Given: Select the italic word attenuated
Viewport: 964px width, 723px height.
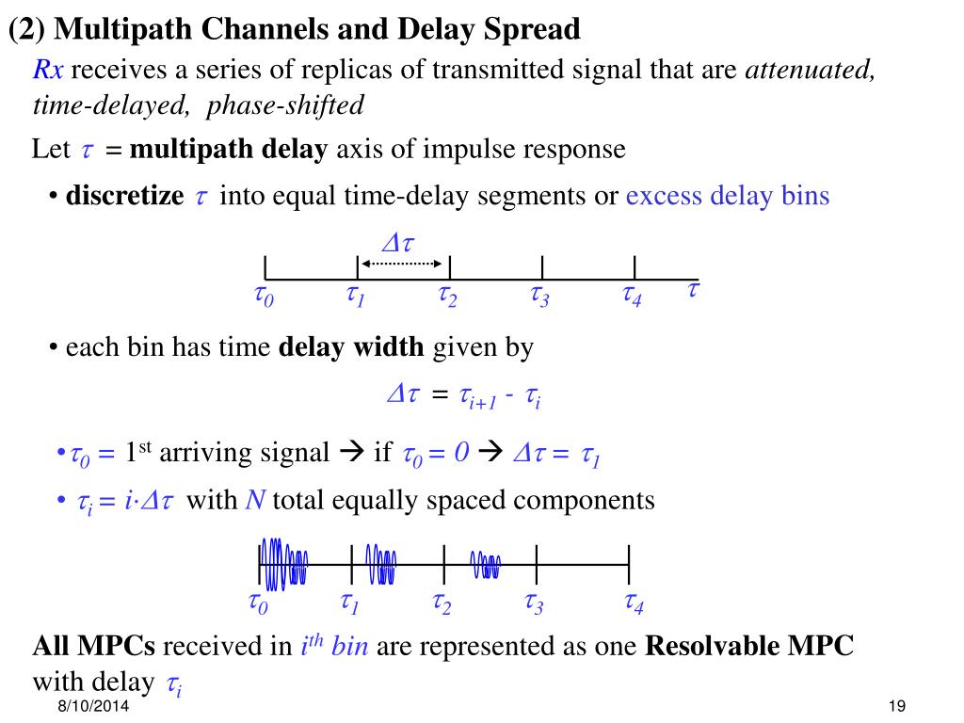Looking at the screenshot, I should pos(811,72).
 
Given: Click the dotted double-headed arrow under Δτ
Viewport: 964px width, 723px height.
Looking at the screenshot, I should pos(403,265).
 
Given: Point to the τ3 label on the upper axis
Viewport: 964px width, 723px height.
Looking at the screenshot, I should pos(540,297).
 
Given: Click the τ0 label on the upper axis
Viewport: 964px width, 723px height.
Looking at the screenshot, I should pos(264,297).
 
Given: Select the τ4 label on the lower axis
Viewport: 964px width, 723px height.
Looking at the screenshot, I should pos(634,603).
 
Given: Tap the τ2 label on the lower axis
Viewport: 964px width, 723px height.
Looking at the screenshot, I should pos(442,603).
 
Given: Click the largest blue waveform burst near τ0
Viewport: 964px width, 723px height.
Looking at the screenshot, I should pos(283,564).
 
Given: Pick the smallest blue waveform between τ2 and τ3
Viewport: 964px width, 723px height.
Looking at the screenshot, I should pos(486,565).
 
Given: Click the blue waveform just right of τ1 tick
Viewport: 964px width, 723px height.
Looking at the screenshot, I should pos(382,564).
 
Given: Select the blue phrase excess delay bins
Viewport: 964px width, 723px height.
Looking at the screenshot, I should pos(728,196).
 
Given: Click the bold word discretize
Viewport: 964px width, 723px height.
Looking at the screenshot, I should pos(124,196).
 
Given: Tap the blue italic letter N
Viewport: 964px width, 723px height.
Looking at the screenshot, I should pos(254,500).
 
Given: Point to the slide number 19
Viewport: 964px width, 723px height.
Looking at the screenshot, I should pos(895,707).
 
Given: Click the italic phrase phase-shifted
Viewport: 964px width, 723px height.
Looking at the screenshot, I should pos(284,104).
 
